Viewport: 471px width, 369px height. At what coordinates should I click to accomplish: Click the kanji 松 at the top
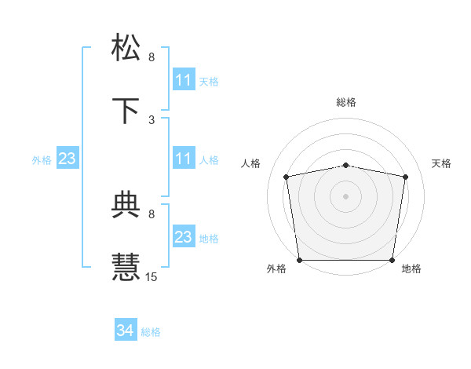click(x=126, y=47)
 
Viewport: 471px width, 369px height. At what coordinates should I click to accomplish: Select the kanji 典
click(x=126, y=205)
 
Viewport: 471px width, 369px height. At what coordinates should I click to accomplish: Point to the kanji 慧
click(x=126, y=267)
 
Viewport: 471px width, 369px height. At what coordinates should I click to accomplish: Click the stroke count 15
click(x=152, y=276)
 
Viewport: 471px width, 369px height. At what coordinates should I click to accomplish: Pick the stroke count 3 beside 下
click(x=152, y=119)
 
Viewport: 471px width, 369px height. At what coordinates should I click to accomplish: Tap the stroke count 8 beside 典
click(x=152, y=214)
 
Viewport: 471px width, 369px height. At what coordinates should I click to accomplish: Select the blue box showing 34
click(x=126, y=331)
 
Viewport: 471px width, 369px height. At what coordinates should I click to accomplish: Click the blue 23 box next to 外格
click(x=67, y=159)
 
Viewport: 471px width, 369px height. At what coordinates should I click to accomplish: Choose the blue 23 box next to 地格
click(x=183, y=238)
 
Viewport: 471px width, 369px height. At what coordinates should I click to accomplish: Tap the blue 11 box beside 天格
click(x=183, y=80)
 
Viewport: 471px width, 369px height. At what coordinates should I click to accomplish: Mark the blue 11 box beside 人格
click(x=183, y=159)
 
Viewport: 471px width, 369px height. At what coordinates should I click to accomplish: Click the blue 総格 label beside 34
click(x=151, y=332)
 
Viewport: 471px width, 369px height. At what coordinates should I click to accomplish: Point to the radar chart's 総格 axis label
click(x=346, y=102)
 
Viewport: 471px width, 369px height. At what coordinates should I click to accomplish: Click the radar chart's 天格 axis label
click(x=442, y=163)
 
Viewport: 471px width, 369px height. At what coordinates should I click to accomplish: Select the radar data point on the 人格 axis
click(x=287, y=177)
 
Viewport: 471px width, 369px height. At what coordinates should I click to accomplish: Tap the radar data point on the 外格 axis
click(x=299, y=260)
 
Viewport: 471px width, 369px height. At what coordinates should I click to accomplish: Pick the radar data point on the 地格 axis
click(x=392, y=260)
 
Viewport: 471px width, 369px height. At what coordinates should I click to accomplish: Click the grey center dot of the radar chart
click(x=346, y=195)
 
